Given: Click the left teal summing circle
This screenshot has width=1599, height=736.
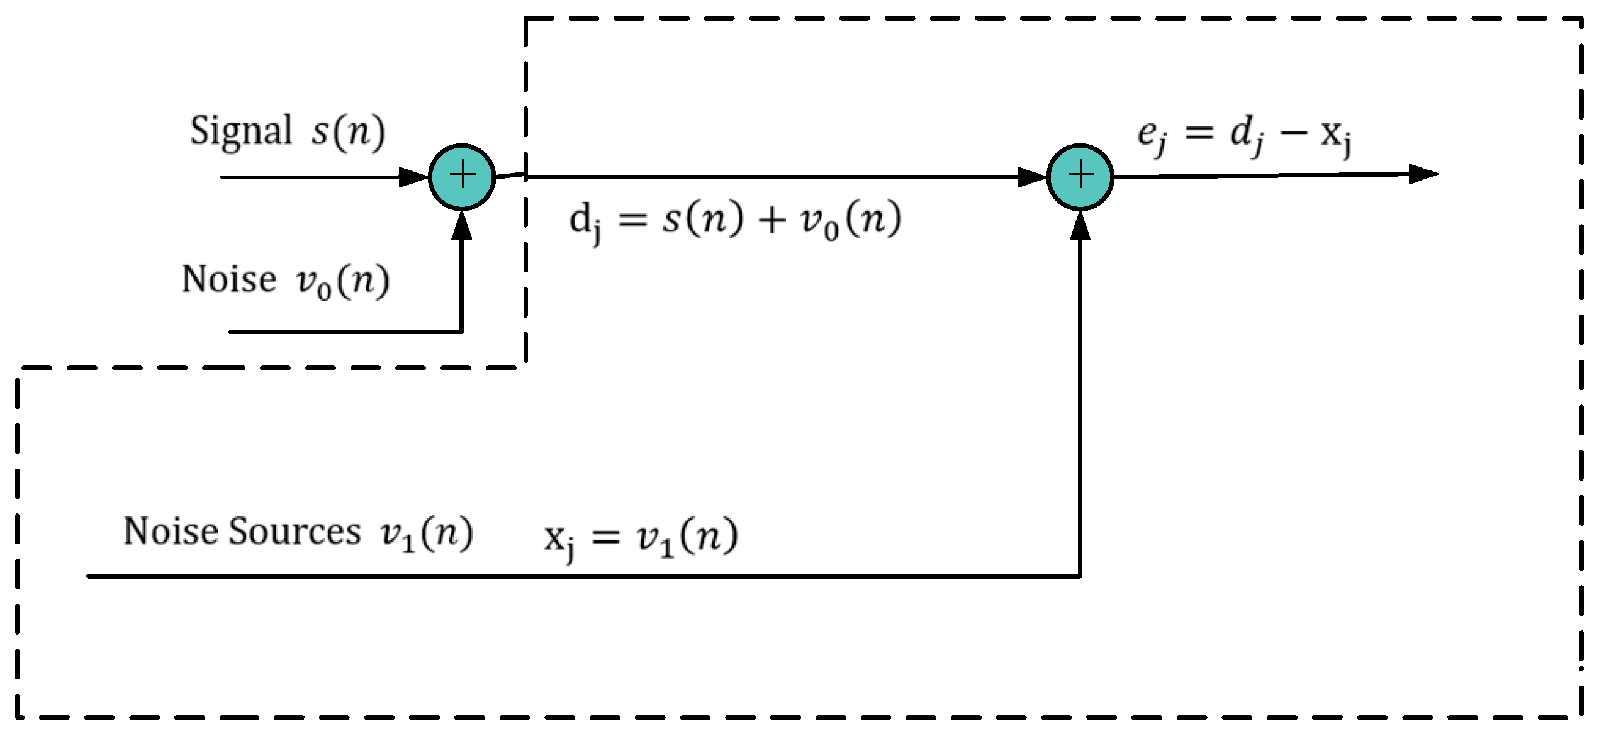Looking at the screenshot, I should (x=462, y=176).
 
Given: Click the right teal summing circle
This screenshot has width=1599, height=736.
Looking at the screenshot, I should (x=1080, y=176).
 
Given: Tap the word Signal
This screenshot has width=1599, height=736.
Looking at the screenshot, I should (x=241, y=131).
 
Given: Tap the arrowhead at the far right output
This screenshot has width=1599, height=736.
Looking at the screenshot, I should (x=1423, y=174).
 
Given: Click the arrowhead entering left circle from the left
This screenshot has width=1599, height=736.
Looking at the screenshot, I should (x=414, y=177).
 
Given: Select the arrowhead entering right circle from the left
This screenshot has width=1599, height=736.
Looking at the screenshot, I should (x=1032, y=177).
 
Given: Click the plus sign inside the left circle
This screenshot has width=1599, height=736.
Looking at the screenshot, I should (x=462, y=175).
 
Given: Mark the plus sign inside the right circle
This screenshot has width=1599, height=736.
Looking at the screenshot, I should (x=1080, y=175).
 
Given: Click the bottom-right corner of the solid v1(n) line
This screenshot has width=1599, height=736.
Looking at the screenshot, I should (x=1080, y=576).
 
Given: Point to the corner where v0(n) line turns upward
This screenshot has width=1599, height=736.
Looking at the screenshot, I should (x=462, y=331).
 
